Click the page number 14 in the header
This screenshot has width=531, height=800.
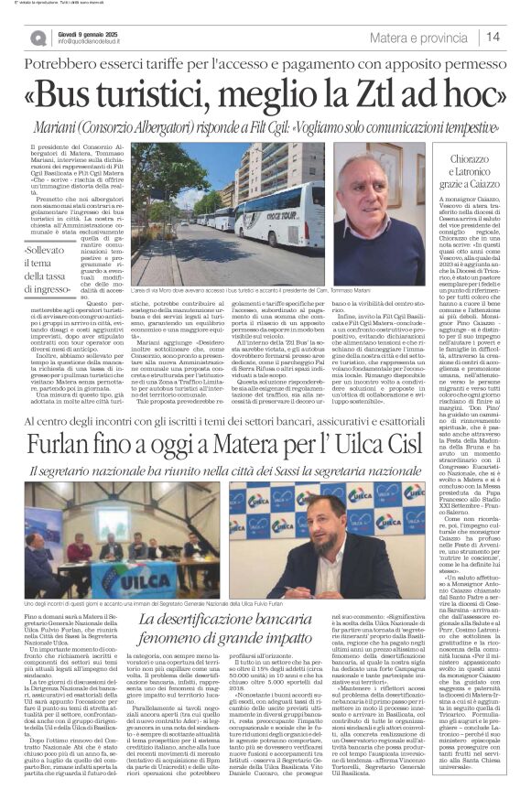point(492,37)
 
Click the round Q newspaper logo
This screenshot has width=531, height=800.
point(38,38)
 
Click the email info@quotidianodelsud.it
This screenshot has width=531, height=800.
point(103,41)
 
